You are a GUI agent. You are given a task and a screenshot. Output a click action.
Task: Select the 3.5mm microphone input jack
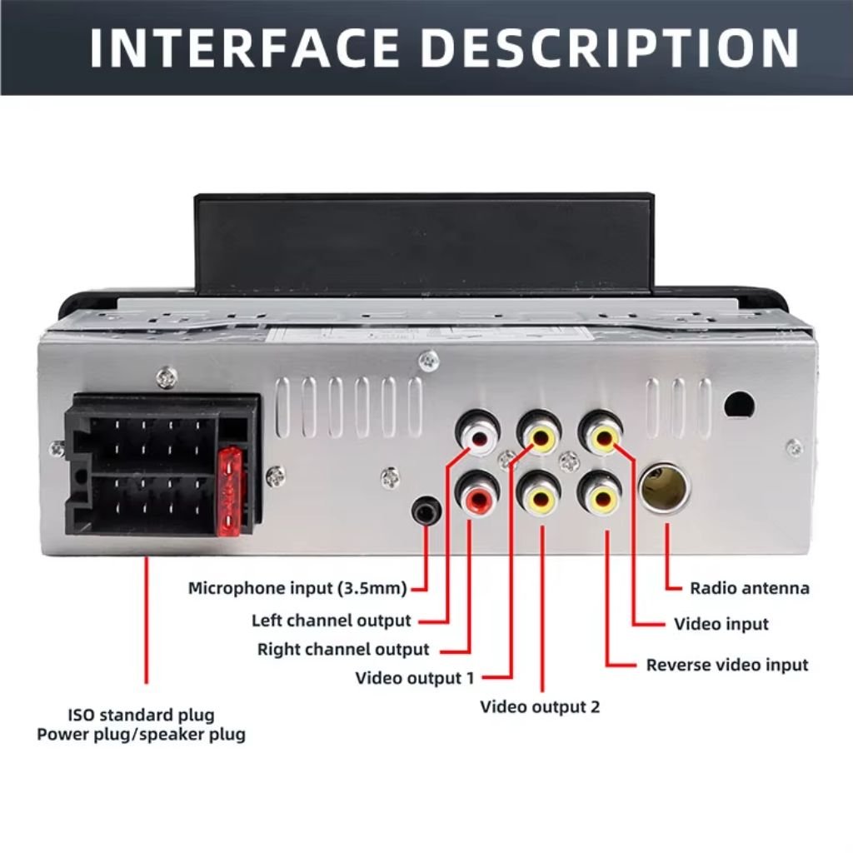coord(426,511)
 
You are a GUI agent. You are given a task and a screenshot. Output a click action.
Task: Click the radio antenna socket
coord(665,487)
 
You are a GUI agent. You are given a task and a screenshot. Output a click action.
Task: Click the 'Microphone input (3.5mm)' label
coord(297,588)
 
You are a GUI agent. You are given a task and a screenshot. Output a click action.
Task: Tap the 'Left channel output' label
coord(331,620)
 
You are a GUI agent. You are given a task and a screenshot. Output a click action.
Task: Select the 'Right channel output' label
coord(343,649)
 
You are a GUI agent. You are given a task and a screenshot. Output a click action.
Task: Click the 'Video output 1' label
coord(415,678)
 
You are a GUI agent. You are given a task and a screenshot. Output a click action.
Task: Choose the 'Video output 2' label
coord(540,706)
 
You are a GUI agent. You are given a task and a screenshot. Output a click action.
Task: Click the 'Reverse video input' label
coord(727,665)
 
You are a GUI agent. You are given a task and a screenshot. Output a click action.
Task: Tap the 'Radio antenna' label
coord(750,588)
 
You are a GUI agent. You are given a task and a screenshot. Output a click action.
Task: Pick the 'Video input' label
coord(721,624)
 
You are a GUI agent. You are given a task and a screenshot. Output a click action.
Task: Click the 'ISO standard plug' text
coord(142,714)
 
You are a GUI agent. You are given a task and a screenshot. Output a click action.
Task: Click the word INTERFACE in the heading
coord(245,47)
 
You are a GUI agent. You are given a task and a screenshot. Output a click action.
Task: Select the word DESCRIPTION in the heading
coord(610,47)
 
